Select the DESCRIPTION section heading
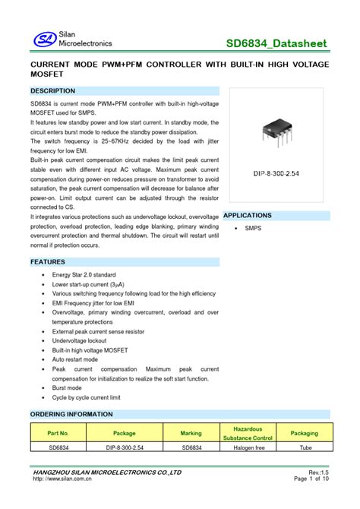click(53, 90)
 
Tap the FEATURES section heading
click(48, 262)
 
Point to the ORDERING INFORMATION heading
click(71, 414)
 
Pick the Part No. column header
click(58, 433)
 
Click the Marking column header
click(191, 433)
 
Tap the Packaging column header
click(305, 433)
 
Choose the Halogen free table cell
click(248, 448)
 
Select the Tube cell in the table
click(305, 448)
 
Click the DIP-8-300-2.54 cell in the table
click(124, 448)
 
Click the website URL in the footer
click(62, 479)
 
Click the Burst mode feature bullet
click(67, 387)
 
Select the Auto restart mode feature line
click(80, 359)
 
